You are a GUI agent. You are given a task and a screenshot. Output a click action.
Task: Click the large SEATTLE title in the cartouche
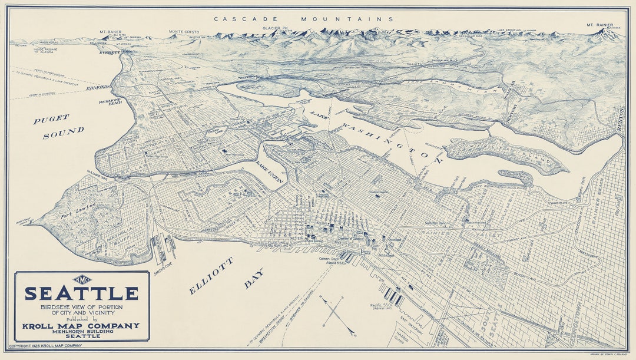click(x=81, y=293)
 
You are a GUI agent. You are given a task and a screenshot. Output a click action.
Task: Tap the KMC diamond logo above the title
click(x=81, y=280)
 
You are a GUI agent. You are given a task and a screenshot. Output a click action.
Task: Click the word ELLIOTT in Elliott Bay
click(x=211, y=276)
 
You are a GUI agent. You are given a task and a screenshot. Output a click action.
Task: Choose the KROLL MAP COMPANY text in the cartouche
click(x=81, y=325)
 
